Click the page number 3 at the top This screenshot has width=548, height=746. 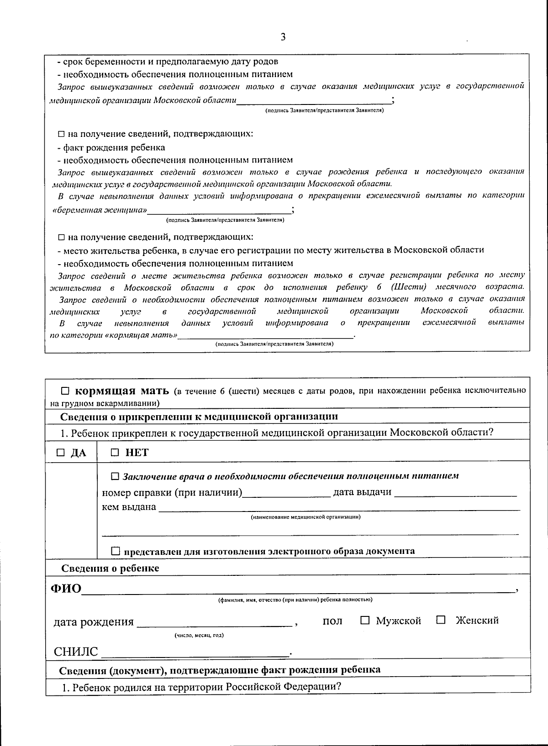pos(283,37)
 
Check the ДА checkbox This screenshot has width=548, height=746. pos(60,453)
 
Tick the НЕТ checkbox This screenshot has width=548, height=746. pos(115,452)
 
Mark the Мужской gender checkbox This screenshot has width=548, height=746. pos(364,620)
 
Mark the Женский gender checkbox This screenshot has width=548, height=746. pos(440,620)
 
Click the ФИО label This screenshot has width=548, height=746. pos(65,589)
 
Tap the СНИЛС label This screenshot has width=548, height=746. pos(76,652)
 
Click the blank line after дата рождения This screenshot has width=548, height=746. pos(215,623)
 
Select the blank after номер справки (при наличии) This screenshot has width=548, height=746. pos(286,494)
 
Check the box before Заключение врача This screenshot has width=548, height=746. pos(115,476)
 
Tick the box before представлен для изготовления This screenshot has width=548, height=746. pos(116,551)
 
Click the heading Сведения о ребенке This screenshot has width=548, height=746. pos(110,569)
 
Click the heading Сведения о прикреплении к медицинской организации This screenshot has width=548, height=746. pos(199,417)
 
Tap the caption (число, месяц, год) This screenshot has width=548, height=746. pos(199,635)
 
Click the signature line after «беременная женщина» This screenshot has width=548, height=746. pos(219,211)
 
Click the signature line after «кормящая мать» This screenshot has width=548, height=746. pos(266,337)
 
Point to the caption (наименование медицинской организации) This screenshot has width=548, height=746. pos(306,517)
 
